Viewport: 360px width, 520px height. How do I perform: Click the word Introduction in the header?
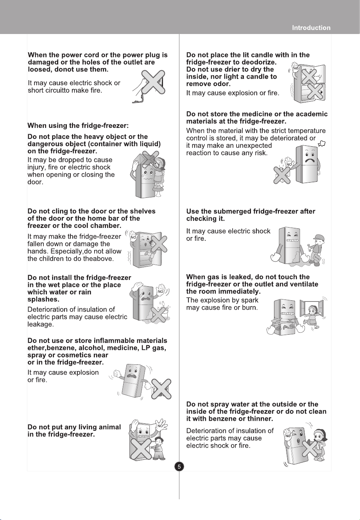point(311,28)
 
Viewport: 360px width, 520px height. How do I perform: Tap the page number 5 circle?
point(179,466)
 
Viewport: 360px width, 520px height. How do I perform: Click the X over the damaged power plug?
point(153,82)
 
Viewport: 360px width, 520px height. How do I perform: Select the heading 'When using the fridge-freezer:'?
point(78,126)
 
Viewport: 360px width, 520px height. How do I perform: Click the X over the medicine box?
point(281,175)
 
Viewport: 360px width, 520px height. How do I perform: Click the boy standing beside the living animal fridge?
point(158,448)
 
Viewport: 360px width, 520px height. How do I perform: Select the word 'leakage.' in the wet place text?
point(41,324)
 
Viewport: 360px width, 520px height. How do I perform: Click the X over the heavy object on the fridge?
point(150,159)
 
